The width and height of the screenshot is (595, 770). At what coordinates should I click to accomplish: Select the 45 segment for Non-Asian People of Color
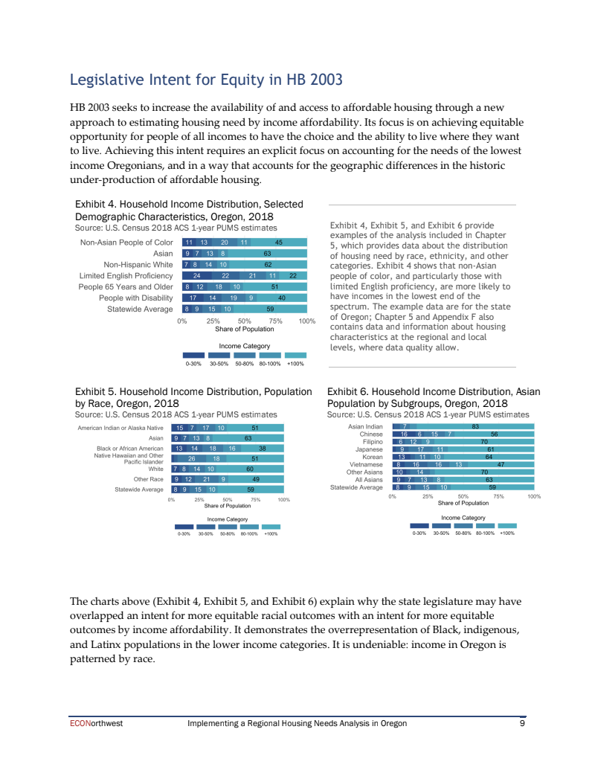click(279, 243)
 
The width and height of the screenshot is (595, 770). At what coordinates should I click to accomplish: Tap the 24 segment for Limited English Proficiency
click(197, 275)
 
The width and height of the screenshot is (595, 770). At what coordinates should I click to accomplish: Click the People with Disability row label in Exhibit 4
click(135, 298)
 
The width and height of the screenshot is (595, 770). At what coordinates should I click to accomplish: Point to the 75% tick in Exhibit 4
click(276, 321)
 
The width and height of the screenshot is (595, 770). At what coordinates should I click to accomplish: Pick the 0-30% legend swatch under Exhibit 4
click(193, 356)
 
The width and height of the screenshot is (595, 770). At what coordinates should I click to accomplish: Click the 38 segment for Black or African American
click(263, 449)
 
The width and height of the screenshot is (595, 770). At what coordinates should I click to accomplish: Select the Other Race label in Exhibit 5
click(148, 479)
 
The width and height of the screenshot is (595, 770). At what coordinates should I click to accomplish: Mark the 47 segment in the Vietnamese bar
click(501, 464)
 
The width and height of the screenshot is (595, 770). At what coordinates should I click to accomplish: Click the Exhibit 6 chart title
click(434, 397)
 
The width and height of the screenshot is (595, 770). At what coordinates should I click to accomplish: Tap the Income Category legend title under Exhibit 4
click(244, 346)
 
